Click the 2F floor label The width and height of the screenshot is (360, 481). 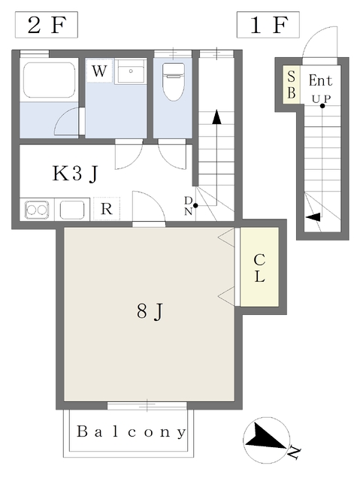pyautogui.click(x=47, y=25)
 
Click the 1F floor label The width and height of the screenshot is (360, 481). pyautogui.click(x=268, y=25)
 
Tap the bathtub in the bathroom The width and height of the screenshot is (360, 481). pyautogui.click(x=49, y=80)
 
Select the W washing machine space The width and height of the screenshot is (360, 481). pyautogui.click(x=99, y=71)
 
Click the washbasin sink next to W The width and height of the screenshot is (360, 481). pyautogui.click(x=131, y=71)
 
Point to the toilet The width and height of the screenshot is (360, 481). pyautogui.click(x=174, y=82)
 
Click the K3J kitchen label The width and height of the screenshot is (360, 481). pyautogui.click(x=75, y=174)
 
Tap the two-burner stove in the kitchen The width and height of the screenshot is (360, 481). pyautogui.click(x=37, y=210)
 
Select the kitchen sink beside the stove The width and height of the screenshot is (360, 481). pyautogui.click(x=72, y=210)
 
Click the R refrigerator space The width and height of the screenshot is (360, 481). pyautogui.click(x=107, y=209)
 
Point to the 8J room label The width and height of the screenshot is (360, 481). pyautogui.click(x=150, y=311)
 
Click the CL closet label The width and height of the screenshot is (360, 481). pyautogui.click(x=259, y=268)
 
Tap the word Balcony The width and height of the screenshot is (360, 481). pyautogui.click(x=132, y=432)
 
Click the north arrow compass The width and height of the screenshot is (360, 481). pyautogui.click(x=267, y=440)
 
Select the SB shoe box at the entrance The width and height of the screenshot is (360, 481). pyautogui.click(x=291, y=84)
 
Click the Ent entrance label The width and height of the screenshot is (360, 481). pyautogui.click(x=320, y=80)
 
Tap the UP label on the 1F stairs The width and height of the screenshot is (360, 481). pyautogui.click(x=322, y=99)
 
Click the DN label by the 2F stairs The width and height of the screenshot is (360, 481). pyautogui.click(x=189, y=206)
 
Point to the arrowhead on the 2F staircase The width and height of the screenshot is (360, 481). pyautogui.click(x=216, y=117)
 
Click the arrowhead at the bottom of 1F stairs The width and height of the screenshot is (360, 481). pyautogui.click(x=313, y=217)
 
